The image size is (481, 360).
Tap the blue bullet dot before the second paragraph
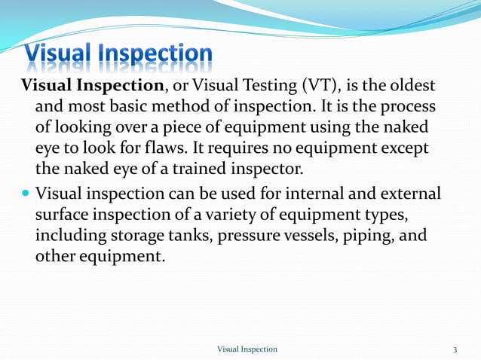[x=26, y=194]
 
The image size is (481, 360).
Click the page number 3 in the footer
[x=455, y=349]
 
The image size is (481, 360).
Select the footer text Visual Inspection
[x=247, y=349]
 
